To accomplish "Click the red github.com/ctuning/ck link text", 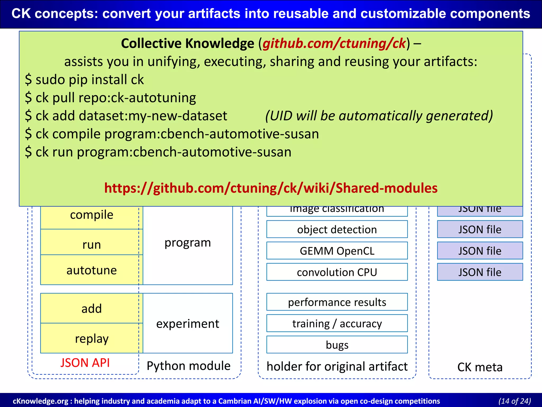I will point(334,43).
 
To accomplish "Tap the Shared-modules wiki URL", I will point(271,188).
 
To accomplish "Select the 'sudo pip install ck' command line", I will point(85,80).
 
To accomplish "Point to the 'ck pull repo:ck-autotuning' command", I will point(111,98).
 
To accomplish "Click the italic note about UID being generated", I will point(379,116).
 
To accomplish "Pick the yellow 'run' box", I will point(92,244).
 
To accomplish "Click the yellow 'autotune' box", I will point(92,270).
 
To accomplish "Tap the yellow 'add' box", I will point(92,309).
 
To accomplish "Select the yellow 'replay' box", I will point(92,339).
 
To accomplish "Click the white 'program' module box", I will point(188,242).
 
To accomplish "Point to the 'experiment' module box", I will point(188,324).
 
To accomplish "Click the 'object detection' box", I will point(337,229).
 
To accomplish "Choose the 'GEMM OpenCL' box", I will point(337,251).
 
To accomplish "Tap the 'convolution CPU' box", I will point(337,272).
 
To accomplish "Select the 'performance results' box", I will point(337,302).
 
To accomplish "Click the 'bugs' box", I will point(337,345).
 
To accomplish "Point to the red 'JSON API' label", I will point(85,363).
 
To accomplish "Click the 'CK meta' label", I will point(480,367).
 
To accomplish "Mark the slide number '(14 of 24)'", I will point(514,401).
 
